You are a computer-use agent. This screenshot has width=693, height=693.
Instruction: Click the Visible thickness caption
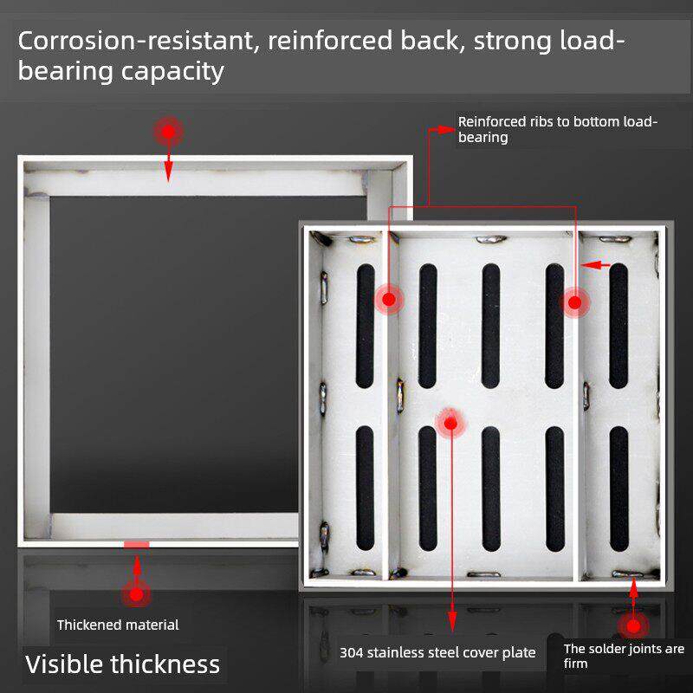pos(122,664)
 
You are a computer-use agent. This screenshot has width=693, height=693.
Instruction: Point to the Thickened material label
pos(118,625)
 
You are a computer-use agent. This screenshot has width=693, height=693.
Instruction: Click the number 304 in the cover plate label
pos(351,652)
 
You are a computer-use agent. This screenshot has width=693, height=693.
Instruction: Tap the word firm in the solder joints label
pos(575,664)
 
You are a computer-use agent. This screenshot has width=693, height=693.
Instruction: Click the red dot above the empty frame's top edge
pos(168,133)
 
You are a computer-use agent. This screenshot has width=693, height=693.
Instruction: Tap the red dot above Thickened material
pos(136,594)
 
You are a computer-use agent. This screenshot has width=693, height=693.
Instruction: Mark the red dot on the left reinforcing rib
pos(389,300)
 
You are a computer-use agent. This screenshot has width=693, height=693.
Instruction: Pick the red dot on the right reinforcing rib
pos(573,302)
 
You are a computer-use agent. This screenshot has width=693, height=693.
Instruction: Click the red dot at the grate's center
pos(450,423)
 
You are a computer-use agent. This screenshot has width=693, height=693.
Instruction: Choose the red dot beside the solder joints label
pos(633,625)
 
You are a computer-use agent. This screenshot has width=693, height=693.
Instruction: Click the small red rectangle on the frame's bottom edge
pos(136,544)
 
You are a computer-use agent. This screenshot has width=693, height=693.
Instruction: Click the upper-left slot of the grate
pos(366,325)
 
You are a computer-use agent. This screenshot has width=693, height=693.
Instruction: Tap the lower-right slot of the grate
pos(619,489)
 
